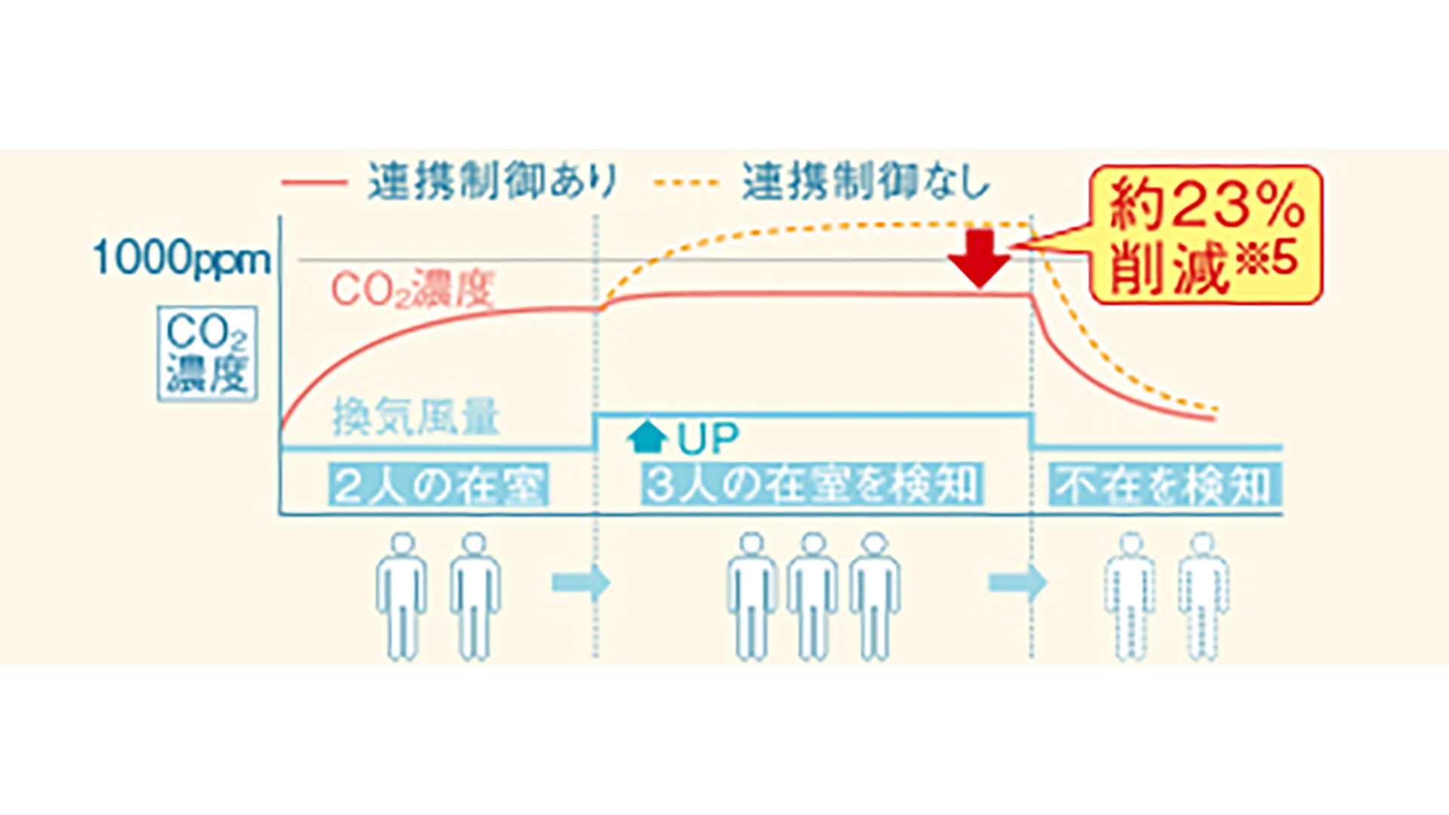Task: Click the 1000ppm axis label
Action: coord(181,258)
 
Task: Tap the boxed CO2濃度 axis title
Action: coord(208,353)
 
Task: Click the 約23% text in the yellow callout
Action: coord(1206,205)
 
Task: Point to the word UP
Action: coord(708,439)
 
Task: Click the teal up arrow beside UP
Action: coord(647,437)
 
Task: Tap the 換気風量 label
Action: coord(416,417)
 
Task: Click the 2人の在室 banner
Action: coord(438,485)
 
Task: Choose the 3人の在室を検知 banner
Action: coord(812,485)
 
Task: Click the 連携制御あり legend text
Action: coord(493,182)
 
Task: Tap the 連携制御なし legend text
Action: coord(866,182)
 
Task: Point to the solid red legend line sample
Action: coord(314,183)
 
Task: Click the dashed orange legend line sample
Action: coord(686,183)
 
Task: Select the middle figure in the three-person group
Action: coord(813,596)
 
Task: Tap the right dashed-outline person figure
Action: coord(1203,596)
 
